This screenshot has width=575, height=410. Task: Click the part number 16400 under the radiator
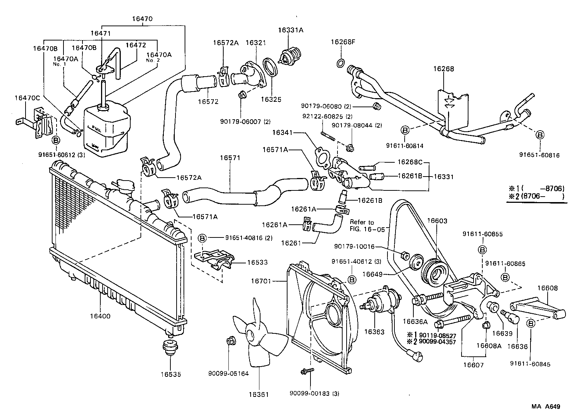click(100, 316)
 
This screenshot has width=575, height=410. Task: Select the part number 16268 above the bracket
click(444, 69)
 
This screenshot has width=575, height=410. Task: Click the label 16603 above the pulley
click(437, 221)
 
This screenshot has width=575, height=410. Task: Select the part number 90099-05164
click(228, 374)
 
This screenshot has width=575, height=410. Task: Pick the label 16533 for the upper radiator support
click(257, 262)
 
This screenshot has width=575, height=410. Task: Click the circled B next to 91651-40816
click(202, 238)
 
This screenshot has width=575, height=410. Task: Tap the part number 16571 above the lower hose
click(230, 158)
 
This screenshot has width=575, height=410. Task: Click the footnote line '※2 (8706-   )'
click(536, 197)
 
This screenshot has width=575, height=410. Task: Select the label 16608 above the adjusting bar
click(547, 288)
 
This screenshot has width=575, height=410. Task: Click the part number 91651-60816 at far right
click(539, 155)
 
